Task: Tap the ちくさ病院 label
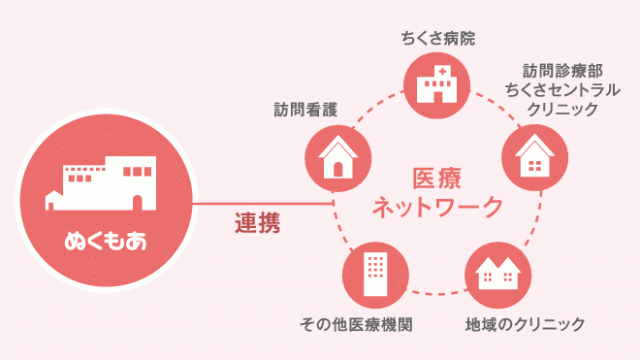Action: (x=437, y=39)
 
